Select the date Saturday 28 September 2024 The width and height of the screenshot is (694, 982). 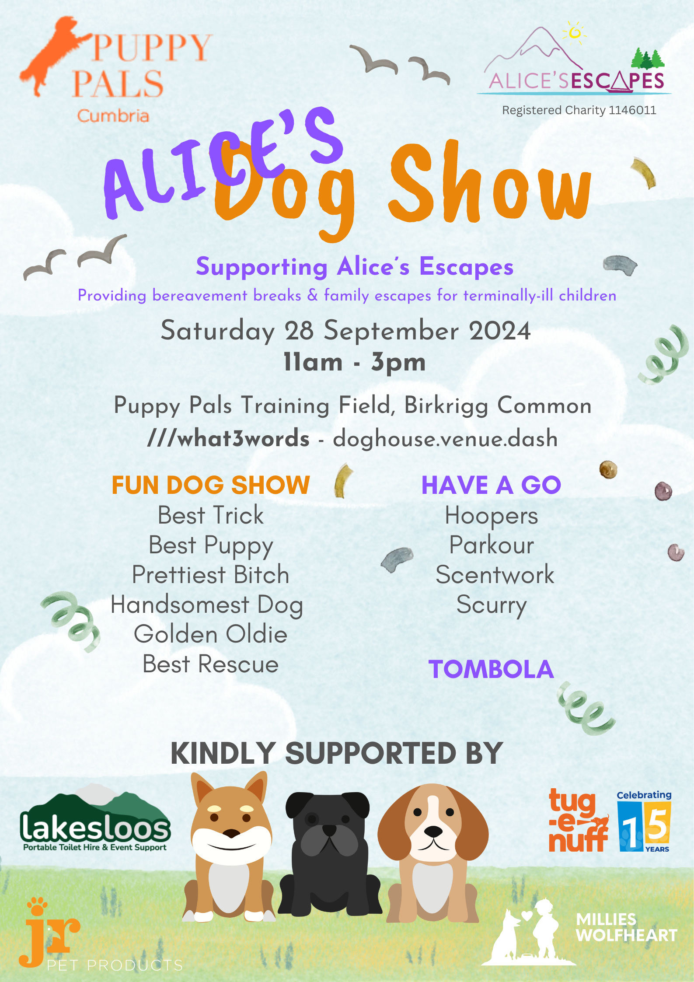click(x=345, y=331)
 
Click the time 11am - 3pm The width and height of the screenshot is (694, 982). click(x=355, y=362)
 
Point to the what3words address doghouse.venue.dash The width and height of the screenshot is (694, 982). click(x=445, y=439)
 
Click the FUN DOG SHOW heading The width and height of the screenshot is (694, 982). click(x=211, y=485)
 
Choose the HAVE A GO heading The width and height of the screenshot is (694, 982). click(x=491, y=485)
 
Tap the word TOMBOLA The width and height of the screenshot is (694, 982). click(x=491, y=669)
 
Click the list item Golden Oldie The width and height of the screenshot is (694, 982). click(x=211, y=634)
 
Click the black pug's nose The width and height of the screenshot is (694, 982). click(x=329, y=829)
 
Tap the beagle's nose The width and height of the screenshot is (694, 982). click(x=433, y=830)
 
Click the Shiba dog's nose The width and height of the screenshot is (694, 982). click(x=231, y=833)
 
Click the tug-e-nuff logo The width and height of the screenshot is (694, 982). click(x=578, y=821)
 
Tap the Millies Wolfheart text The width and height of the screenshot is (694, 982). click(x=627, y=927)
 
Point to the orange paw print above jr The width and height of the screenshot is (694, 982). click(x=37, y=906)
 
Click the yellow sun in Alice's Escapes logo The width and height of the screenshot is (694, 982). click(x=575, y=32)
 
